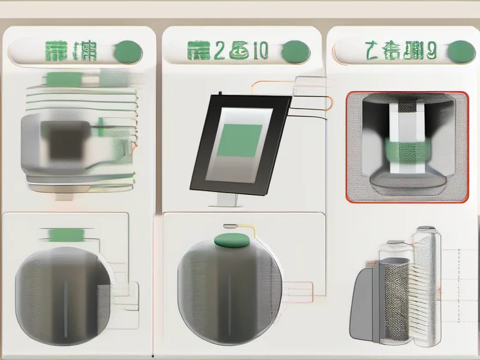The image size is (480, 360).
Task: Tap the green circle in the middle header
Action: pyautogui.click(x=297, y=50)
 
